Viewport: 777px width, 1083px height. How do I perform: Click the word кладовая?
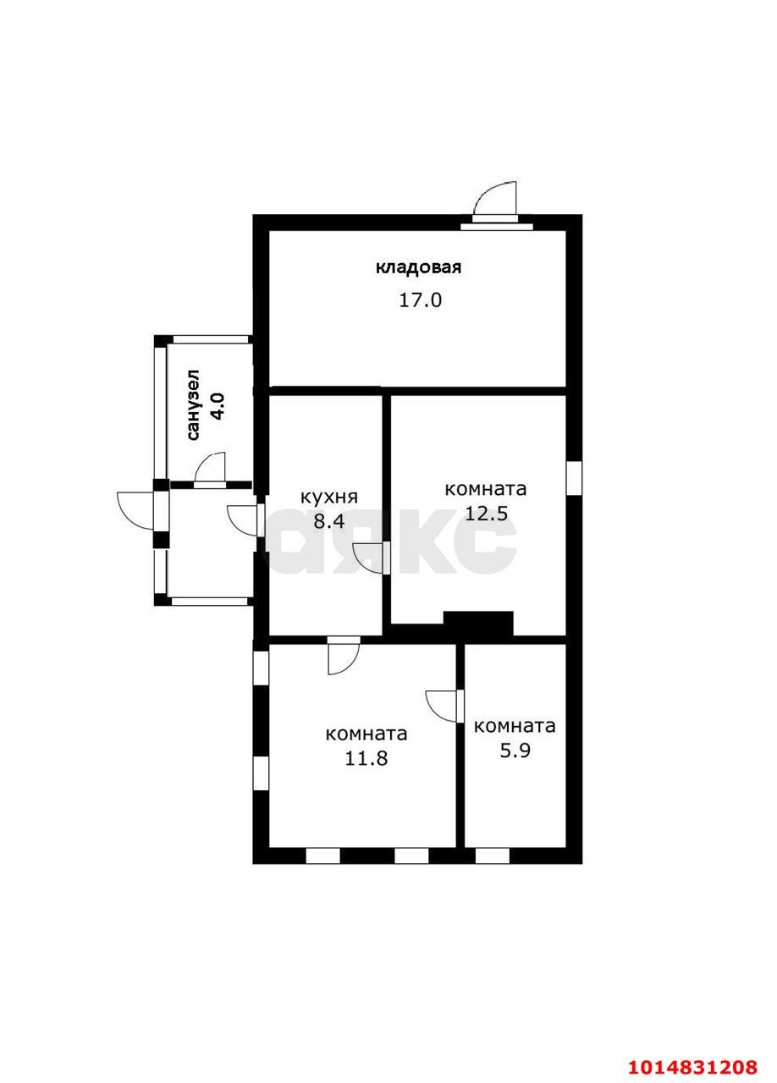point(418,267)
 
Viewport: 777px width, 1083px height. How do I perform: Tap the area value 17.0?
point(420,300)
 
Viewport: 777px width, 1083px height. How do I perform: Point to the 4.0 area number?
point(217,406)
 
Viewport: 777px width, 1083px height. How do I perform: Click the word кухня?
point(329,497)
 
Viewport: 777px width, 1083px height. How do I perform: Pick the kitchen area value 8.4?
point(329,521)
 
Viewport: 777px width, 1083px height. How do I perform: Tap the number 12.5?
point(486,513)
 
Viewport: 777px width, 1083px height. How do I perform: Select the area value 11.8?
point(366,758)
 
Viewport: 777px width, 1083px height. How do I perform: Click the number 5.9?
point(515,750)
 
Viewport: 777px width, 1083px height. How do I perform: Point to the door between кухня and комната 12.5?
point(371,558)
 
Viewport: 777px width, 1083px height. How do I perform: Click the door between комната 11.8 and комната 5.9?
point(444,706)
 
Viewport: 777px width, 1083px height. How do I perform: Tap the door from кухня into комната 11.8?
point(344,657)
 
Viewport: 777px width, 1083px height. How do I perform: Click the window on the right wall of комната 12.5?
point(574,479)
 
